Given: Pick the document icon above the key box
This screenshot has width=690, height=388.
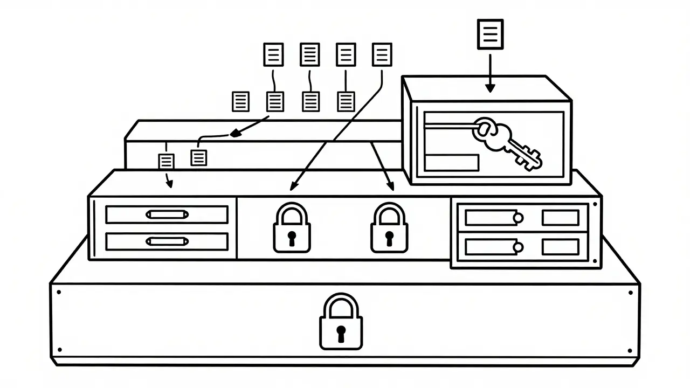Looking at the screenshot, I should [490, 34].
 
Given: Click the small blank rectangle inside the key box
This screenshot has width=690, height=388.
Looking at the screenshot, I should [452, 162].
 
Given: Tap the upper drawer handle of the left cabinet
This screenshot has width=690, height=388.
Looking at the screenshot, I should [167, 214].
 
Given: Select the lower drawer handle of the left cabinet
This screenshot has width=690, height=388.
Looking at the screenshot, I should [167, 241].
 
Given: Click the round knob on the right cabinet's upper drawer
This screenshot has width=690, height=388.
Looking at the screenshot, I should [518, 218].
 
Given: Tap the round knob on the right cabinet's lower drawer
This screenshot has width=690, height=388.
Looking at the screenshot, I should [518, 247].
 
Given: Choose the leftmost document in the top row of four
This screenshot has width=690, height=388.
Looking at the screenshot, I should [273, 54].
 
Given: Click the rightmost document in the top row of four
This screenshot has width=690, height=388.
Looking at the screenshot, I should [382, 54].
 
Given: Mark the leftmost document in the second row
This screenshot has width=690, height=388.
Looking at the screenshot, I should [240, 101].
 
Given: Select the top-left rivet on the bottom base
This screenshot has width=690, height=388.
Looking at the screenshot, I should [58, 293].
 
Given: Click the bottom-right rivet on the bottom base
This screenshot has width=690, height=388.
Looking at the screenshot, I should [630, 349].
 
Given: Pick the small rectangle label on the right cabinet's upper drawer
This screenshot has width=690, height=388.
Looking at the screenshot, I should [560, 218].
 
